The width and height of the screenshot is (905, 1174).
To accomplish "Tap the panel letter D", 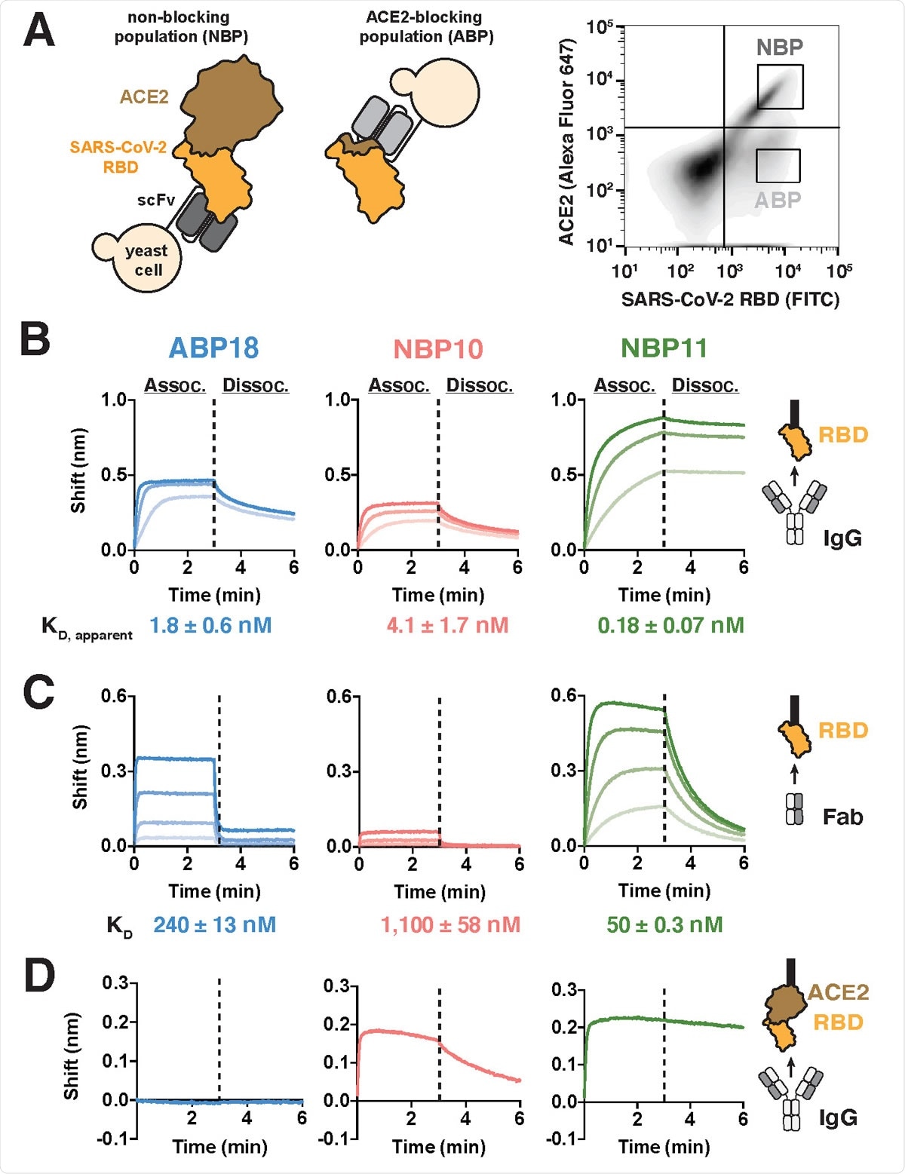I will [x=39, y=976].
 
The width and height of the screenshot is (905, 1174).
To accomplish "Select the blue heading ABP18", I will [x=213, y=348].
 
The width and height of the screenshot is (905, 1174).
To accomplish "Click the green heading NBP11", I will [x=664, y=348].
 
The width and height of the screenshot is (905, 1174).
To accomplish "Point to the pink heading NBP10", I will [x=438, y=349].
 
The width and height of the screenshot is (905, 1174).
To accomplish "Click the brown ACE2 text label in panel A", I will [x=143, y=97].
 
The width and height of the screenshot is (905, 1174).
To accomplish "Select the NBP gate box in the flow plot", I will [x=780, y=87].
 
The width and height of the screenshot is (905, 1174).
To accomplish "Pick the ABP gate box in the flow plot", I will [x=778, y=166].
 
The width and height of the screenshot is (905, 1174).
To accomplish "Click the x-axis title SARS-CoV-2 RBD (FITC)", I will [x=730, y=300].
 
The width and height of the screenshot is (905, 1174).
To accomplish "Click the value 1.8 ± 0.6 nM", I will [x=210, y=625].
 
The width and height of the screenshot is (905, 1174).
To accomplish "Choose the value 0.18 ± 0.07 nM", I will [x=670, y=625].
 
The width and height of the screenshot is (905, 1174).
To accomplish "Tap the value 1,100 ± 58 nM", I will [x=450, y=924].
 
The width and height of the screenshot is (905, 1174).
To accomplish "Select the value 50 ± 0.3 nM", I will [x=664, y=924].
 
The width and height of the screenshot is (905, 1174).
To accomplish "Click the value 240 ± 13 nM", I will [x=214, y=924].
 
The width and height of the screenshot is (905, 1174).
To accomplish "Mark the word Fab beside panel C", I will [x=842, y=817].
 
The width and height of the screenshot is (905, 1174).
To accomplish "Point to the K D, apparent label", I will [x=87, y=627].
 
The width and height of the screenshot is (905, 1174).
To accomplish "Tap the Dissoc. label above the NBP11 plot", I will [x=704, y=385].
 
